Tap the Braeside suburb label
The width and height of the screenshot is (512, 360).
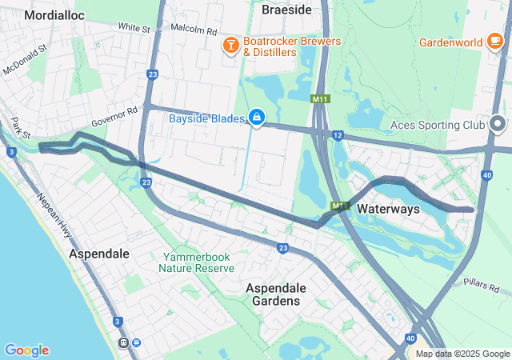(x=286, y=10)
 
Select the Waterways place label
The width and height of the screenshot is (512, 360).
(x=388, y=209)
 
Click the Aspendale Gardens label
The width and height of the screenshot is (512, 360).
(x=273, y=294)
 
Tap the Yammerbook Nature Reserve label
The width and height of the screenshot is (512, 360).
(x=196, y=263)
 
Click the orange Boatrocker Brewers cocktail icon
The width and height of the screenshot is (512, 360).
(x=230, y=46)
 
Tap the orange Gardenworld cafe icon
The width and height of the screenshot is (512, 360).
(x=496, y=42)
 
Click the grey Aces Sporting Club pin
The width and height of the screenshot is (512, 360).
(x=498, y=125)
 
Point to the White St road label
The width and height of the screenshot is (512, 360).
(x=134, y=28)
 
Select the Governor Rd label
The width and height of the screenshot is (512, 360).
(x=114, y=117)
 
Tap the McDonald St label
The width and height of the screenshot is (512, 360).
(x=26, y=59)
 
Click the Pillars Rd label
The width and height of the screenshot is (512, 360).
(x=487, y=286)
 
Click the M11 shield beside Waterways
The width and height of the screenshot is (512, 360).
(x=339, y=206)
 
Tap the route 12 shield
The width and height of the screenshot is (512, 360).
(x=338, y=135)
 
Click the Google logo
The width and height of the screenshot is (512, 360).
(x=26, y=350)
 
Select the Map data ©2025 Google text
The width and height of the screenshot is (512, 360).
(x=462, y=354)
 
